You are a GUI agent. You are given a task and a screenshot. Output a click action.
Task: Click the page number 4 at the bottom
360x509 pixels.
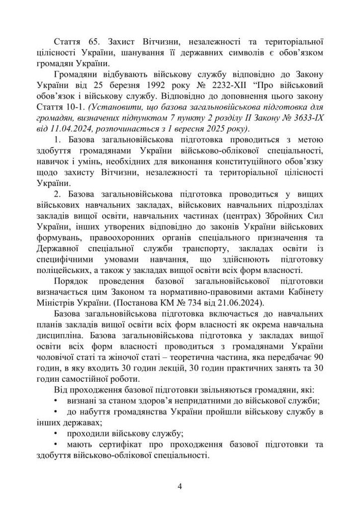coord(180,486)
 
